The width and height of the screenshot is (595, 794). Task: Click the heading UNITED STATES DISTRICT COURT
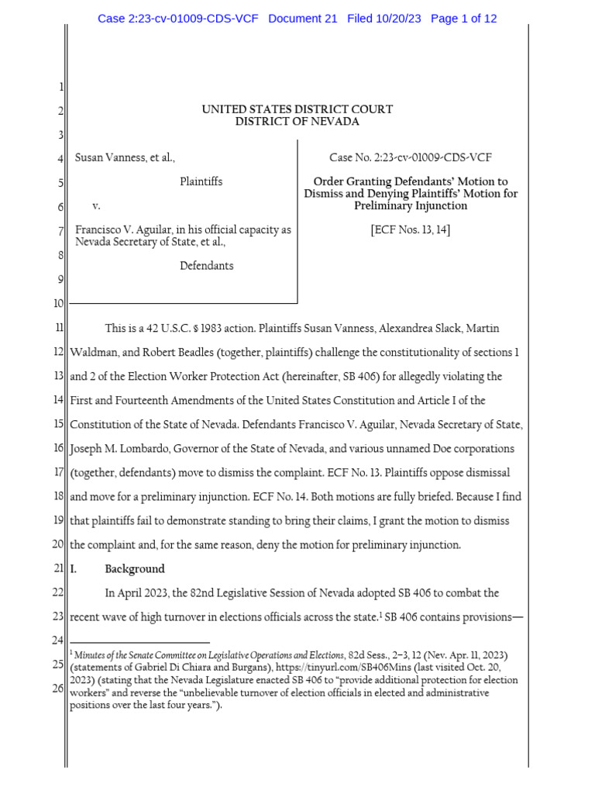297,109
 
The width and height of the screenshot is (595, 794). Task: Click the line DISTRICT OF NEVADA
297,122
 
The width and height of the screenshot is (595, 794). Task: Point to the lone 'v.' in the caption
97,206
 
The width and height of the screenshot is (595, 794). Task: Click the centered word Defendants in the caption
207,265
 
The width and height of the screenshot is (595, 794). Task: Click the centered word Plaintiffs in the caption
201,181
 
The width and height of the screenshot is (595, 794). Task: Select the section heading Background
135,568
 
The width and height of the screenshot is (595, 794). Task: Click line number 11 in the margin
59,329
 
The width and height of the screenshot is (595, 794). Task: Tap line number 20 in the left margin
58,545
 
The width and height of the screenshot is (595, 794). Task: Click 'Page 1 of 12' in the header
463,19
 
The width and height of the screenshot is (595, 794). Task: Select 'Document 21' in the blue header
303,19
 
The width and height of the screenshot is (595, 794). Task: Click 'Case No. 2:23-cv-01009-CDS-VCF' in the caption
411,157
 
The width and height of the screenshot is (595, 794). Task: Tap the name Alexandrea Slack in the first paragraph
418,329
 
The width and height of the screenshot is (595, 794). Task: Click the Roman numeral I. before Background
74,568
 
